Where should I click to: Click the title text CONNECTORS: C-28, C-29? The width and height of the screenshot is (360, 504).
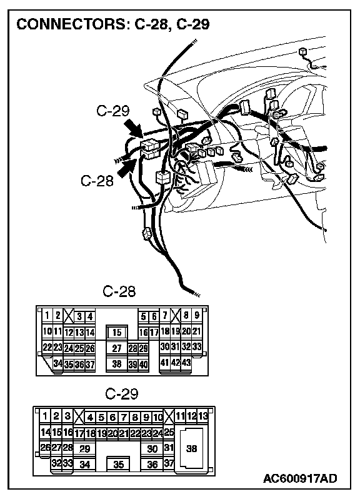coord(113,24)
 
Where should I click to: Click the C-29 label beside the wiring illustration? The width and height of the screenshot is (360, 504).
coord(112,111)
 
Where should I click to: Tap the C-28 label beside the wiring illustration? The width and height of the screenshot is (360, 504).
coord(97,181)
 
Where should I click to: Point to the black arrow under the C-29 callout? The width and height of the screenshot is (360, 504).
coord(134,128)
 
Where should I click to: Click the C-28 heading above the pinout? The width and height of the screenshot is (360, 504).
coord(119,291)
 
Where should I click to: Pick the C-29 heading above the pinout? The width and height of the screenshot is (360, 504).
coord(122,394)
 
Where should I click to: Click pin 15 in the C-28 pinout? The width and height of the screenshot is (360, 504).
coord(117,333)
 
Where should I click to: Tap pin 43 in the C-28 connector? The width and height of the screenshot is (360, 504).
coord(186,363)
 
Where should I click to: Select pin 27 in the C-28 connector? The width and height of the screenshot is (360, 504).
coord(117,348)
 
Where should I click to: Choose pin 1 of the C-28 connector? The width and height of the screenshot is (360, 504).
coord(47,315)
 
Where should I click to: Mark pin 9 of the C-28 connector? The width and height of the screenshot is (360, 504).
coord(197,315)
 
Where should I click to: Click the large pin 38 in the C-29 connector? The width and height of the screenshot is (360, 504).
coord(192,448)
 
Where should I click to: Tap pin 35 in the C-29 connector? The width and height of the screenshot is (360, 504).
coord(119,464)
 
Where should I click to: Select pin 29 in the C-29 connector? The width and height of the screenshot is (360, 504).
coord(85,449)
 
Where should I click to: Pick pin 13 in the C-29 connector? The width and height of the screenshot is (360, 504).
coord(202,416)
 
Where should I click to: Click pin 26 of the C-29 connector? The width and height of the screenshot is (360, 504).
coord(45,447)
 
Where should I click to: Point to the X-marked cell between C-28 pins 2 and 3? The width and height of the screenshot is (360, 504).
coord(68,315)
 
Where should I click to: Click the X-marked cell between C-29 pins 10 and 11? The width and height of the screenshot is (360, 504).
coord(169,416)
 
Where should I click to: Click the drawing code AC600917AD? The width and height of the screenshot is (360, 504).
coord(300,478)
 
